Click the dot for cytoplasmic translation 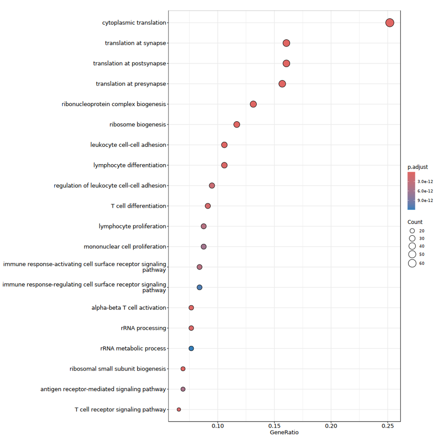click(390, 22)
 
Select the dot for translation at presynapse click(282, 84)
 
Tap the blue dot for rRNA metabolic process click(191, 348)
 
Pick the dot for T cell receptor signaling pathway click(179, 409)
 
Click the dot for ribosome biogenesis click(237, 124)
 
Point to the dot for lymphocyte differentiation click(224, 165)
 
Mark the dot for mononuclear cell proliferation click(204, 247)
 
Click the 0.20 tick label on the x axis click(331, 426)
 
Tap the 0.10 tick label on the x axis click(218, 426)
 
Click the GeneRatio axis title click(284, 432)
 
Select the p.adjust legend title click(418, 167)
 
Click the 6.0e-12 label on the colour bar click(425, 191)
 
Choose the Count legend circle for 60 click(412, 263)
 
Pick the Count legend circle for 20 click(412, 231)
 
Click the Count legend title click(415, 222)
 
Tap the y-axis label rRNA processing click(143, 328)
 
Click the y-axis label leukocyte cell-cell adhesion click(128, 145)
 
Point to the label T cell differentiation click(138, 206)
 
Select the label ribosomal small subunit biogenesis click(118, 369)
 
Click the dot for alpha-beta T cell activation click(191, 308)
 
